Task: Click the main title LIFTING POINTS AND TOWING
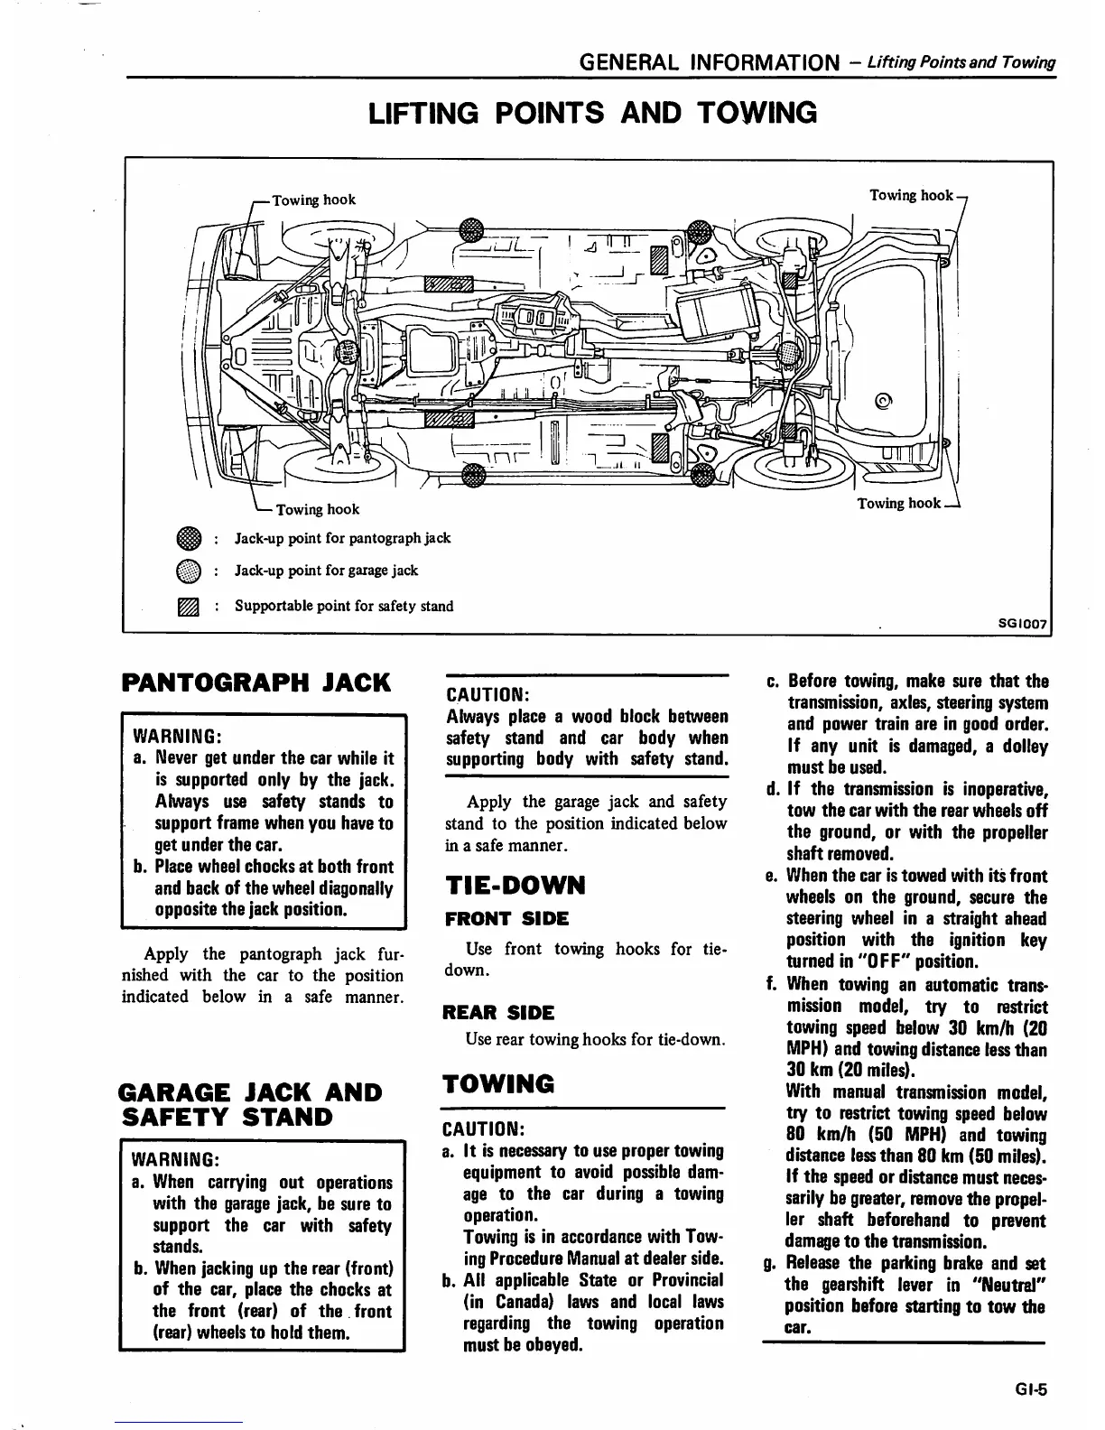point(591,113)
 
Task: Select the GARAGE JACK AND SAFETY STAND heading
point(250,1104)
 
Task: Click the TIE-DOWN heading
point(515,886)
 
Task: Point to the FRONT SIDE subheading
point(506,919)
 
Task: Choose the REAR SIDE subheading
point(498,1012)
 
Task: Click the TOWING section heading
point(498,1083)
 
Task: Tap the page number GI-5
point(1029,1390)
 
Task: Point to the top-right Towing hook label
point(910,195)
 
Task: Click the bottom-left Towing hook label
point(317,509)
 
